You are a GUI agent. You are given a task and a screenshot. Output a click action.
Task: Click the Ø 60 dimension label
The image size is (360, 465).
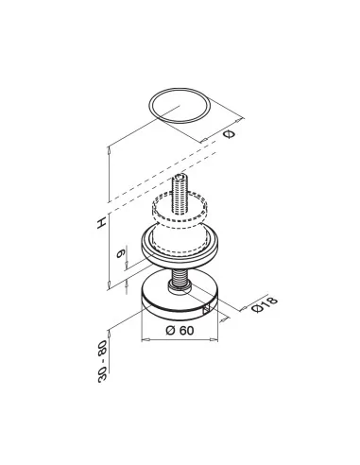click(180, 331)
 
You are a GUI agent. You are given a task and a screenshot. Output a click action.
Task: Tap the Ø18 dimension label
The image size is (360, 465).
click(265, 304)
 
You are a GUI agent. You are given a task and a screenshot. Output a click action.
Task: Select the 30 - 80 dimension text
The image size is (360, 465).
click(103, 361)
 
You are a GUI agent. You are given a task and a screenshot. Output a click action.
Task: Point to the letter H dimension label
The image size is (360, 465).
click(101, 223)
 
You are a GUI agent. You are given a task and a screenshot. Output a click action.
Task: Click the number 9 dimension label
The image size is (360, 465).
click(121, 253)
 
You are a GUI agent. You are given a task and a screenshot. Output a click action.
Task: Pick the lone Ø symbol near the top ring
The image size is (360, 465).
click(229, 134)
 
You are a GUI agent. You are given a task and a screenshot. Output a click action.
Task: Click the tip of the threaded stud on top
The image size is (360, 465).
click(180, 178)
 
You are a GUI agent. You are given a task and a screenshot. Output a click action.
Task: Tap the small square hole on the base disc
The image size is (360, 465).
click(206, 310)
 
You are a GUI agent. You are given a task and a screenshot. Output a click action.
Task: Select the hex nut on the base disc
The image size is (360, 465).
click(180, 286)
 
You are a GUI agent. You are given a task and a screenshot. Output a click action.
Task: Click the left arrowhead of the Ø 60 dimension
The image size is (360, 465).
click(145, 339)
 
